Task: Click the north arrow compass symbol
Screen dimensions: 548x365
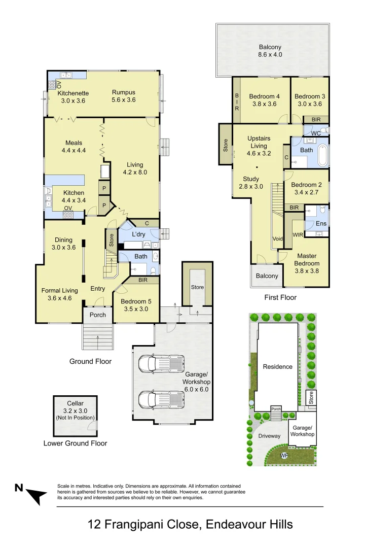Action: click(33, 493)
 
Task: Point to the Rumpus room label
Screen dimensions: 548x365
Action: click(124, 92)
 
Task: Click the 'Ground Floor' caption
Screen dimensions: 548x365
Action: click(90, 361)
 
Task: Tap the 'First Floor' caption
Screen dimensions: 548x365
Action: click(280, 297)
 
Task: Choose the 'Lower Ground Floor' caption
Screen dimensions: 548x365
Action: click(75, 443)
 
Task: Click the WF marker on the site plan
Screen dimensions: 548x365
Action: click(285, 456)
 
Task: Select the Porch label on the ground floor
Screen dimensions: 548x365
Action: click(98, 315)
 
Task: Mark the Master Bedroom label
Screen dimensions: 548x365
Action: click(308, 260)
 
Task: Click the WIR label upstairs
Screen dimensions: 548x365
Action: click(298, 234)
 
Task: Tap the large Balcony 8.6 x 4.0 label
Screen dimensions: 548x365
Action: click(270, 51)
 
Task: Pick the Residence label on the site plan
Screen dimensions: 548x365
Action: click(277, 366)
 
